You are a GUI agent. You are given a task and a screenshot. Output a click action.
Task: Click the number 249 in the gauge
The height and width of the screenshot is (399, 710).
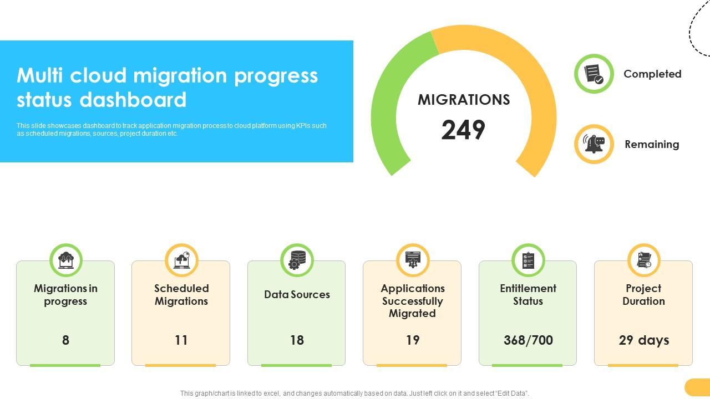click(463, 130)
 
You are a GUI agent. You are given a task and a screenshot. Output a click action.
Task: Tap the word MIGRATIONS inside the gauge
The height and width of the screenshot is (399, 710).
click(464, 100)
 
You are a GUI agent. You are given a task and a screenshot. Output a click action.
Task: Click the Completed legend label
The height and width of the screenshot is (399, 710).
click(652, 74)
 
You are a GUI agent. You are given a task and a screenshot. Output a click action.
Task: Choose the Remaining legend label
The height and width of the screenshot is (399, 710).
click(652, 144)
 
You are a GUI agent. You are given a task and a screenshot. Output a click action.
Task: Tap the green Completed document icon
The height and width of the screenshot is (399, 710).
click(594, 73)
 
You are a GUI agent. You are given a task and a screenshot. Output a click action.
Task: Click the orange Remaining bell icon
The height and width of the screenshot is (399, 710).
click(594, 144)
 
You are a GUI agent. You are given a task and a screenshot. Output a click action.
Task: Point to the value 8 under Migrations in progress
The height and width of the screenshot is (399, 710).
click(65, 340)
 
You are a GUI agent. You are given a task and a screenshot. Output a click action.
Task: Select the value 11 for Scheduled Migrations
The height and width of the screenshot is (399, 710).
click(181, 340)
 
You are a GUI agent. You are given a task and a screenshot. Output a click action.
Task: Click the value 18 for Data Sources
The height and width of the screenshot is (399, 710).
click(297, 340)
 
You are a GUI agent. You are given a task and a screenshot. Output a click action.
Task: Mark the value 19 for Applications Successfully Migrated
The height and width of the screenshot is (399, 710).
click(412, 340)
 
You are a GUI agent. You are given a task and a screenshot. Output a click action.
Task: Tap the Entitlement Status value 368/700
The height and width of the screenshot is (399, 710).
click(528, 340)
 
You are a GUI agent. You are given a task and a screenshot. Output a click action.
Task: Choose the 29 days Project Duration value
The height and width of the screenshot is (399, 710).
click(643, 340)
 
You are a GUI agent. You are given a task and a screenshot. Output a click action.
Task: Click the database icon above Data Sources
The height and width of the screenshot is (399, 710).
click(297, 260)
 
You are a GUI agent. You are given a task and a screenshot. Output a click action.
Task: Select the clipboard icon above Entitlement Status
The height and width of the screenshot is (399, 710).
click(528, 260)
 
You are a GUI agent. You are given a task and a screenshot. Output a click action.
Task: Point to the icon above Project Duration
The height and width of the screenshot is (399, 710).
click(643, 260)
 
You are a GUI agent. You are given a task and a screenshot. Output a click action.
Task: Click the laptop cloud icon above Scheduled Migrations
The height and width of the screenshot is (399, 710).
click(181, 260)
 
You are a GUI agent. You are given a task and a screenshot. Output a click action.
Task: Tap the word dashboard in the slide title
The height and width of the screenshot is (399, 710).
click(133, 100)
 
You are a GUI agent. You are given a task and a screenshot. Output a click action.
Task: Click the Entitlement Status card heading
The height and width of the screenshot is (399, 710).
click(528, 295)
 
